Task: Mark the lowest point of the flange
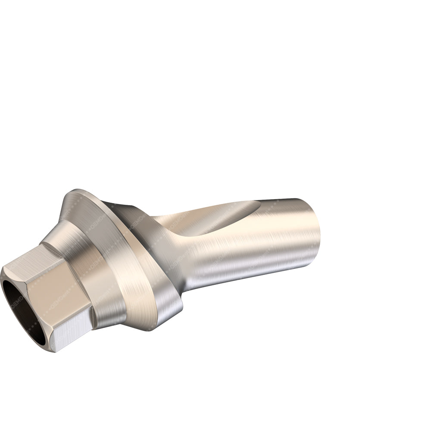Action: click(151, 330)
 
